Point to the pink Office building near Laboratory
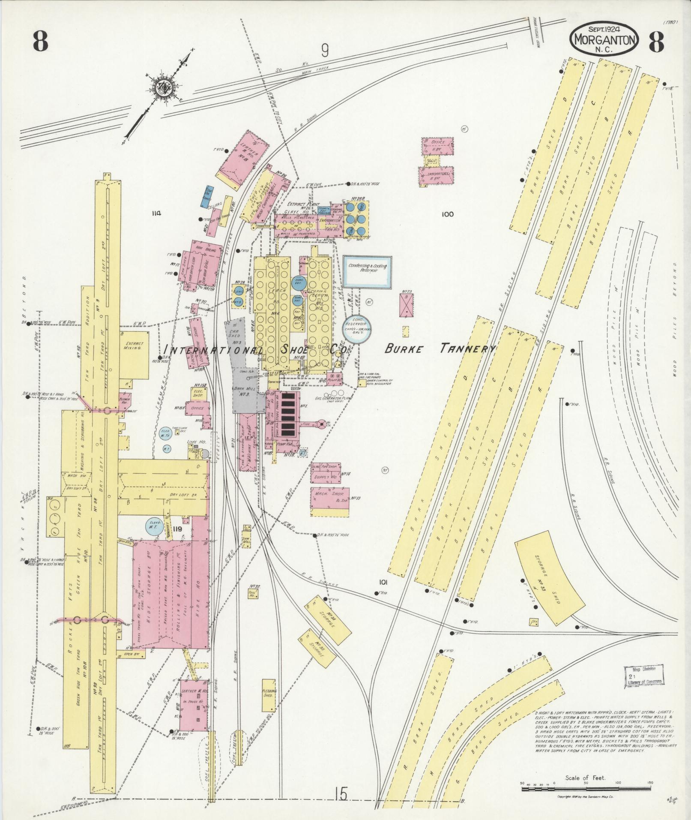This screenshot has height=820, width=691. [437, 146]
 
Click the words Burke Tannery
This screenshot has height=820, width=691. [440, 349]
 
